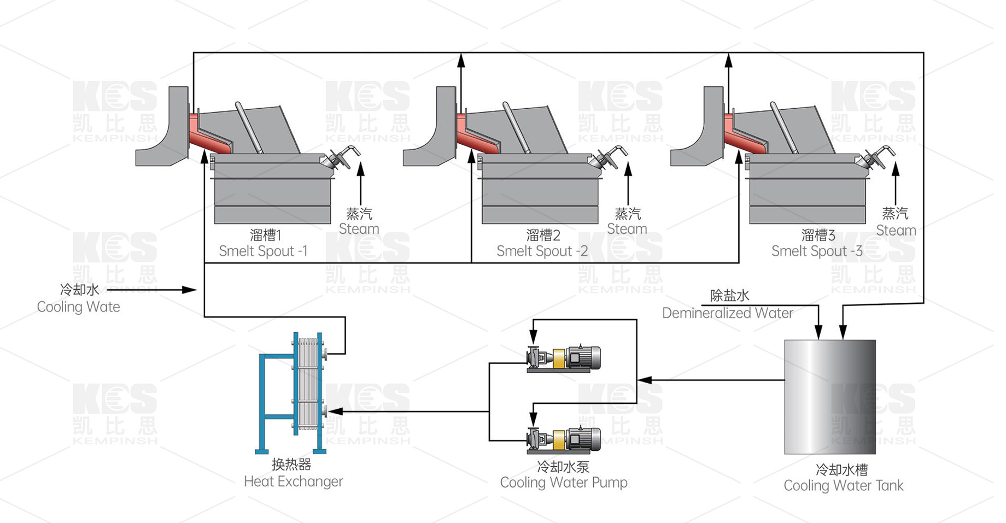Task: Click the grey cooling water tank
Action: [x=830, y=397]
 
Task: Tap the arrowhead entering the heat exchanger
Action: [x=335, y=412]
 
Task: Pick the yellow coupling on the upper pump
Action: [x=559, y=359]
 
